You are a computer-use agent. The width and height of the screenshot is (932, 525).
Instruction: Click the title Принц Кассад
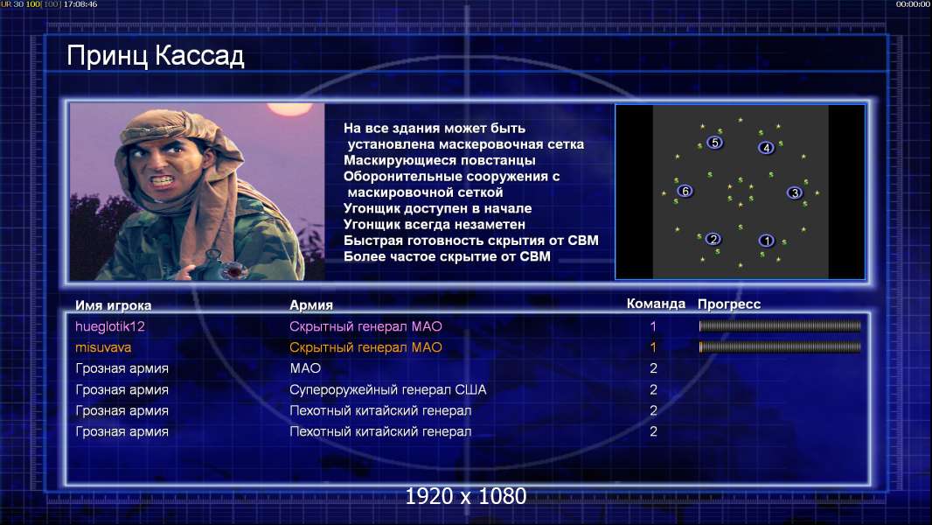[x=155, y=56]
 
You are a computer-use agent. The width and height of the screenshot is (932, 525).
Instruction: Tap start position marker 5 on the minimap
[x=714, y=142]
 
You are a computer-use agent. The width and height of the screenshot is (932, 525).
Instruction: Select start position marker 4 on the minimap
[x=766, y=148]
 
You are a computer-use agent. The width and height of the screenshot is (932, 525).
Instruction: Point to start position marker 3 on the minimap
[x=795, y=192]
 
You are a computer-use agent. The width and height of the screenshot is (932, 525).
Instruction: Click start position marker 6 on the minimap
[x=685, y=191]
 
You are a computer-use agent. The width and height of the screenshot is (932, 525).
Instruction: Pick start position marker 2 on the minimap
[x=713, y=239]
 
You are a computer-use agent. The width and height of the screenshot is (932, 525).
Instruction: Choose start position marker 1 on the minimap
[x=766, y=241]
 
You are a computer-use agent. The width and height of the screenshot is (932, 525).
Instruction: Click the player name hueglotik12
[x=110, y=326]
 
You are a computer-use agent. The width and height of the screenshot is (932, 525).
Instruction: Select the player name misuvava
[x=103, y=347]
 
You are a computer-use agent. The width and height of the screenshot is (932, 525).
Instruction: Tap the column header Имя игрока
[x=113, y=305]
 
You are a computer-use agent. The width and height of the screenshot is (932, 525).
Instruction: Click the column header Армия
[x=311, y=305]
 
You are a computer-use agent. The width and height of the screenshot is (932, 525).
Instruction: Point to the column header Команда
[x=656, y=304]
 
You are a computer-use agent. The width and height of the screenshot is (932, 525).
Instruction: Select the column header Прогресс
[x=728, y=304]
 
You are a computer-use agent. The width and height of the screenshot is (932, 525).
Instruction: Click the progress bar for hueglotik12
[x=780, y=325]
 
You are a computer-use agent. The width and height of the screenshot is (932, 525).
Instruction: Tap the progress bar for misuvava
[x=780, y=346]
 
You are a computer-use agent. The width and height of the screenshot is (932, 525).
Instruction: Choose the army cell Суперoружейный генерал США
[x=387, y=390]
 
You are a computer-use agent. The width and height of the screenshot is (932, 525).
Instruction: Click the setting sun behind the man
[x=282, y=108]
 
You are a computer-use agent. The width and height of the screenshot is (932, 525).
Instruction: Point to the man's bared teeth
[x=163, y=179]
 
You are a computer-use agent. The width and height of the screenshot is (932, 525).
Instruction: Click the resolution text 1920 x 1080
[x=465, y=496]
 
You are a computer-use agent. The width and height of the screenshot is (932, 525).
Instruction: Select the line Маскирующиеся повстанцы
[x=439, y=160]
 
